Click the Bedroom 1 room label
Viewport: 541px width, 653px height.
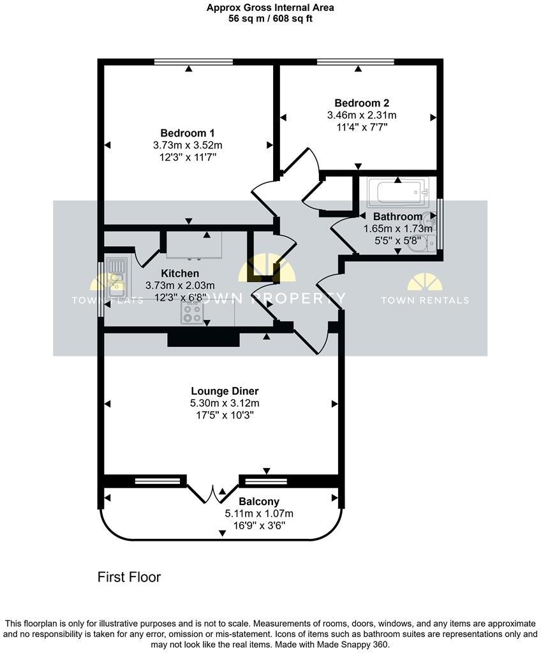point(187,133)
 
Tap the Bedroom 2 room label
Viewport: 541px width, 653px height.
point(362,103)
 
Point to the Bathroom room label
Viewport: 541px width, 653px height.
point(397,217)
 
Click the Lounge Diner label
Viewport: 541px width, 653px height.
point(225,391)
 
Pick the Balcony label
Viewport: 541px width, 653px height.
point(259,502)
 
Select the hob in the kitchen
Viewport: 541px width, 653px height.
point(193,311)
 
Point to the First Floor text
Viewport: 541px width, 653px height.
point(129,577)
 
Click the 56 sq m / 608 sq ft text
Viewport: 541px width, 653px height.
point(270,18)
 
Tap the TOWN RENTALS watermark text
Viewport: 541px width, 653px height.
point(424,300)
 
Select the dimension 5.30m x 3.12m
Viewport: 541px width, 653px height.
point(225,403)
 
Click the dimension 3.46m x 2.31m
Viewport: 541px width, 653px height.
point(362,115)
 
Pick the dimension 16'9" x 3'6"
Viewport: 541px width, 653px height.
point(259,526)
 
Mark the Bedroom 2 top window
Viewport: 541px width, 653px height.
point(355,62)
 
